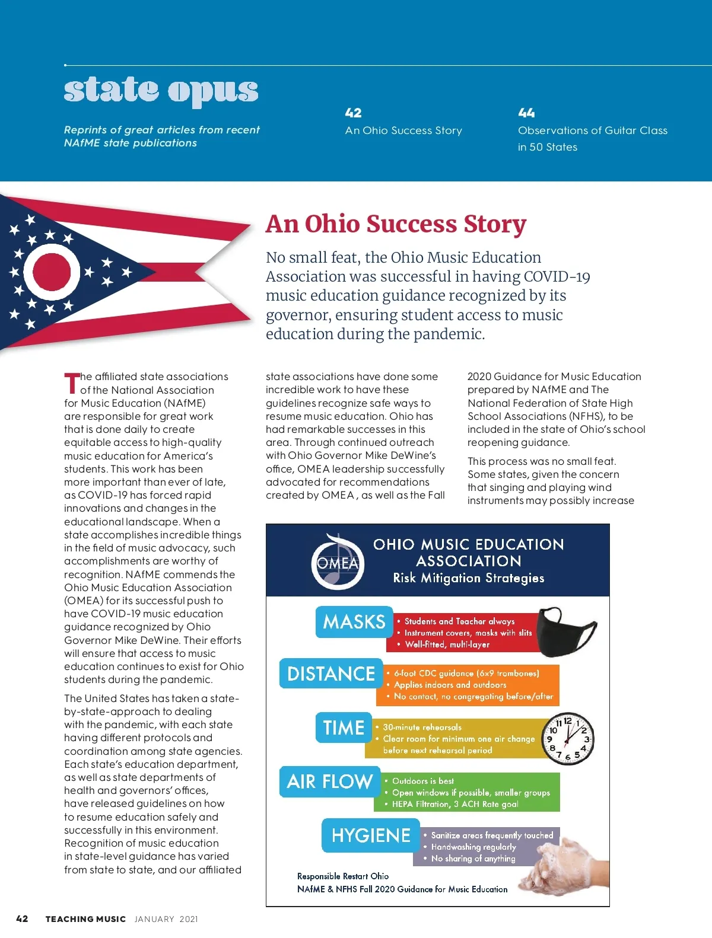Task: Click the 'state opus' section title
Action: [161, 90]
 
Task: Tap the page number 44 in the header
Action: [526, 113]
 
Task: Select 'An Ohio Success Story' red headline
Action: [396, 224]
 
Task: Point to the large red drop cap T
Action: [71, 383]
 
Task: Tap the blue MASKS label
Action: [354, 622]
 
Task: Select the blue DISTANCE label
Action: [331, 674]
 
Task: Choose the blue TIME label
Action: [344, 728]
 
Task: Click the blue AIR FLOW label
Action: [329, 781]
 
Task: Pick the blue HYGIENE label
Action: [371, 835]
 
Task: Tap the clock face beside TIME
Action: [568, 738]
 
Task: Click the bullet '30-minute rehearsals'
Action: [422, 727]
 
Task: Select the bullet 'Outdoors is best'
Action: [422, 781]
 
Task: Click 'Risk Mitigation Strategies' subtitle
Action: [468, 578]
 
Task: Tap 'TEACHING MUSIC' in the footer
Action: [85, 919]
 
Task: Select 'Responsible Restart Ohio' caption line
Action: [343, 876]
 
